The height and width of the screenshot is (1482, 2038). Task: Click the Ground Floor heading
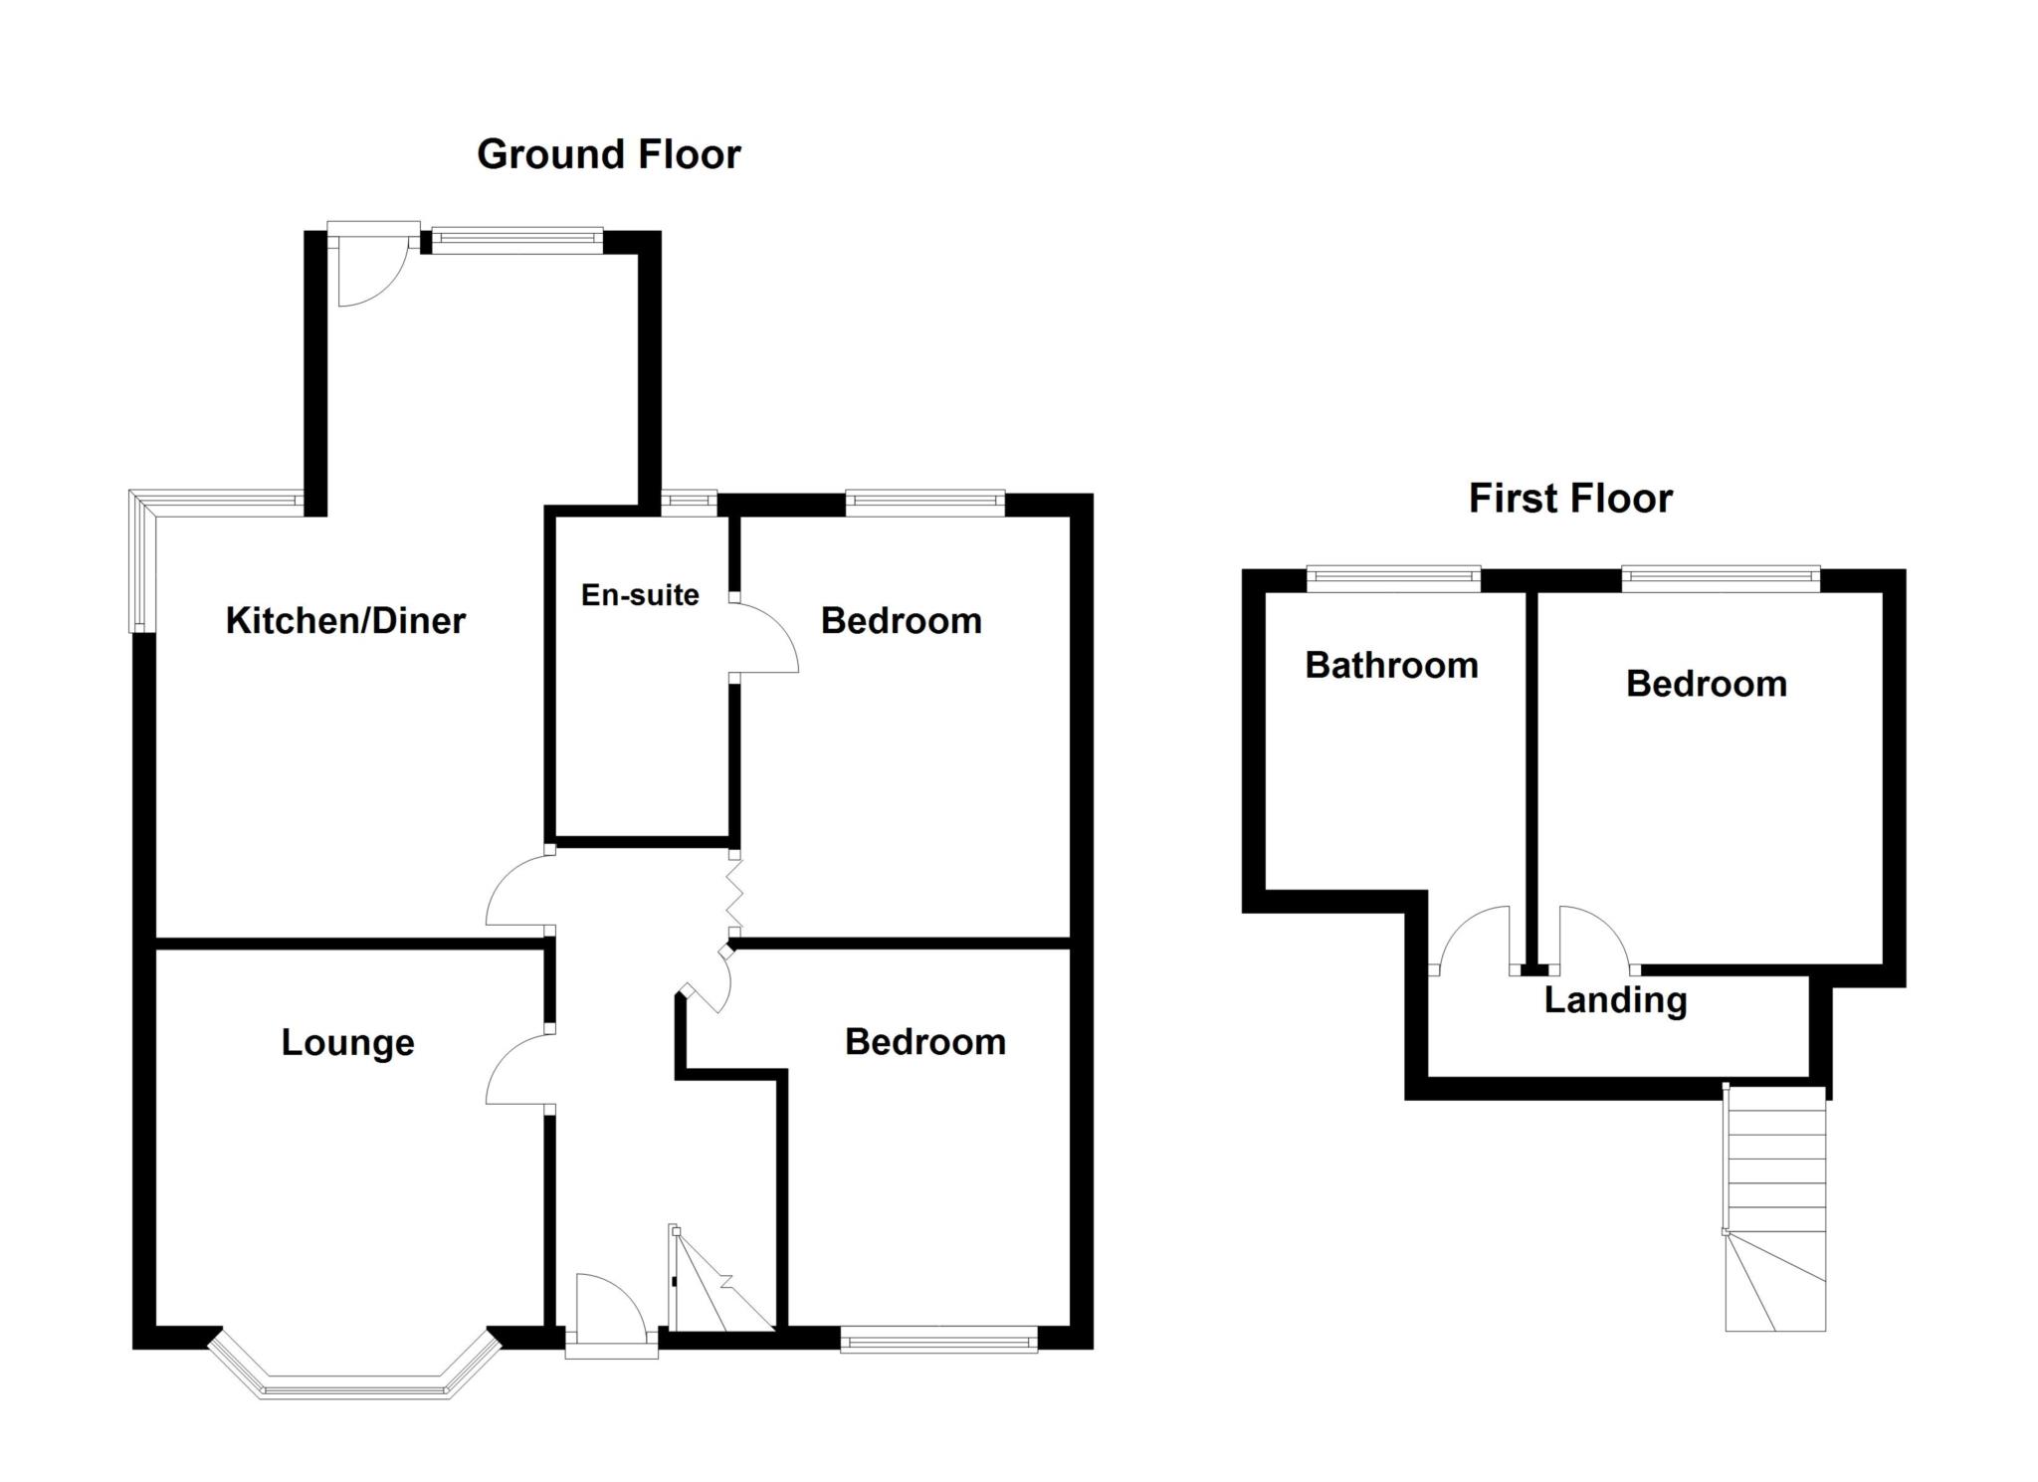[x=608, y=154]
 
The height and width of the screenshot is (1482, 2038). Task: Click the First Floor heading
[x=1570, y=498]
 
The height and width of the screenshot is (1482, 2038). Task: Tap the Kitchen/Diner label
[x=345, y=620]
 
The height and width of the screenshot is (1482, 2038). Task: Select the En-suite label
[x=640, y=594]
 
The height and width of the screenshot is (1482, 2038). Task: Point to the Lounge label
[x=347, y=1042]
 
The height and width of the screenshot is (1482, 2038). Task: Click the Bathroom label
[x=1391, y=665]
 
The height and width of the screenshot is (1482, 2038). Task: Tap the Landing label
[x=1615, y=999]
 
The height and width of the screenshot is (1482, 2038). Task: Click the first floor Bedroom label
[x=1706, y=684]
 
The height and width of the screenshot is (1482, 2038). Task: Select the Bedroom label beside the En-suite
[x=901, y=620]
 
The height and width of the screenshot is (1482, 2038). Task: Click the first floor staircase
[x=1776, y=1209]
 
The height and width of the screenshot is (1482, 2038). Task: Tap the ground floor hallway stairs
[x=721, y=1284]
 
